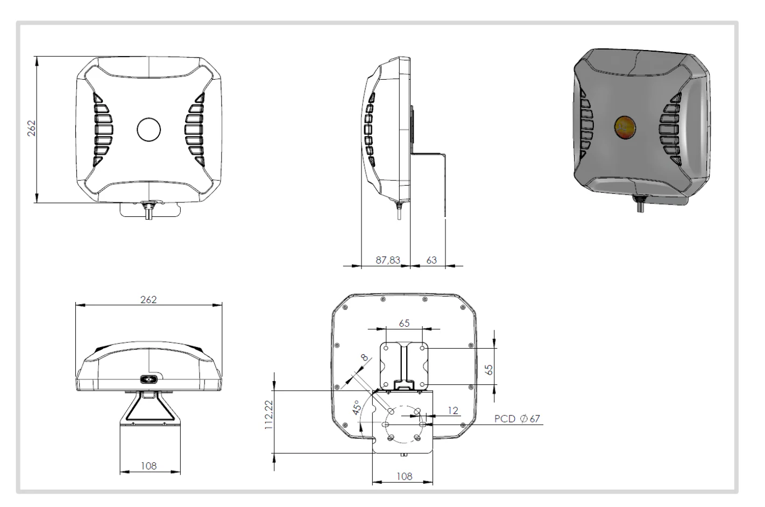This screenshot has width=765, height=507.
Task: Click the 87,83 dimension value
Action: click(x=387, y=260)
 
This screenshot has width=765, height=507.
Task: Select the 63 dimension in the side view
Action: click(x=431, y=260)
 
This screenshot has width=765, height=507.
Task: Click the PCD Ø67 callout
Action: click(x=517, y=419)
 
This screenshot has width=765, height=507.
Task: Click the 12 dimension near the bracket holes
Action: click(x=453, y=411)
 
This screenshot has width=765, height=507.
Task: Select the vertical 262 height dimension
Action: click(x=32, y=128)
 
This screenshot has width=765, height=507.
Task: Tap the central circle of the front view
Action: click(x=149, y=129)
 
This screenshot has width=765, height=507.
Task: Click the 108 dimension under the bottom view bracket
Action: click(x=149, y=466)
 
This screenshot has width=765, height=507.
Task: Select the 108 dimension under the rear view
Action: click(x=403, y=476)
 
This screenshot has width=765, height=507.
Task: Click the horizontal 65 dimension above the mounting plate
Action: click(x=404, y=323)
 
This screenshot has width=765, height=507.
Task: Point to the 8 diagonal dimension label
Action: click(x=364, y=357)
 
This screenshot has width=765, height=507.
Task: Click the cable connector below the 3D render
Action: click(x=640, y=205)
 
